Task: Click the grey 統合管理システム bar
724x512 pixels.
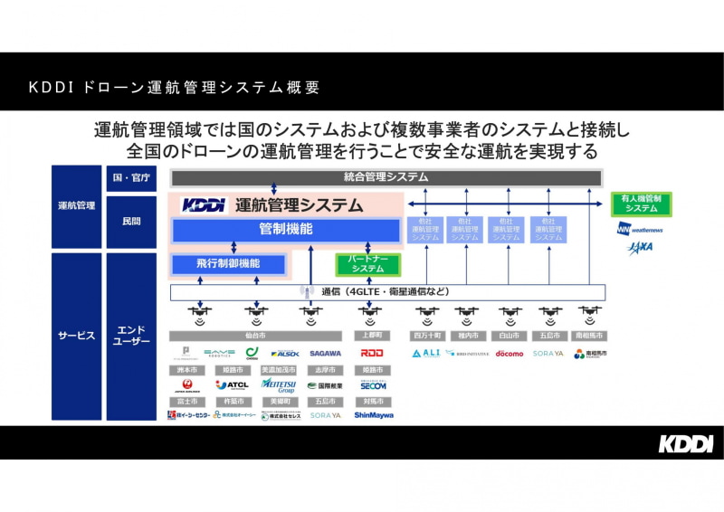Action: click(x=386, y=177)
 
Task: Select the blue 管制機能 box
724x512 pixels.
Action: click(x=286, y=230)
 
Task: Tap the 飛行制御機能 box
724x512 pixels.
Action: click(x=228, y=264)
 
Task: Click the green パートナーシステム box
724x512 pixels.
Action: click(x=367, y=264)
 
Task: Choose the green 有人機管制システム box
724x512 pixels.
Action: click(x=641, y=204)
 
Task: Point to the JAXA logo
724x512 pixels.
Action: click(x=641, y=246)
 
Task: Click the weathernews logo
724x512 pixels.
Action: click(x=641, y=228)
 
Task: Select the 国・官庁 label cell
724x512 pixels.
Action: click(x=129, y=177)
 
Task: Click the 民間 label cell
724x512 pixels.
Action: click(x=129, y=221)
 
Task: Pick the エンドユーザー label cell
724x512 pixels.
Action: click(x=129, y=336)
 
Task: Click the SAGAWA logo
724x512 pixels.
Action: click(x=325, y=354)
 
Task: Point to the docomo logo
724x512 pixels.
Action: click(x=509, y=354)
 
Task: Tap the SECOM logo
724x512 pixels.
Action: click(x=373, y=385)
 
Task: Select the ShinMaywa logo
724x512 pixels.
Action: click(x=373, y=415)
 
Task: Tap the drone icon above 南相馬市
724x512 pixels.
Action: click(x=590, y=313)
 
